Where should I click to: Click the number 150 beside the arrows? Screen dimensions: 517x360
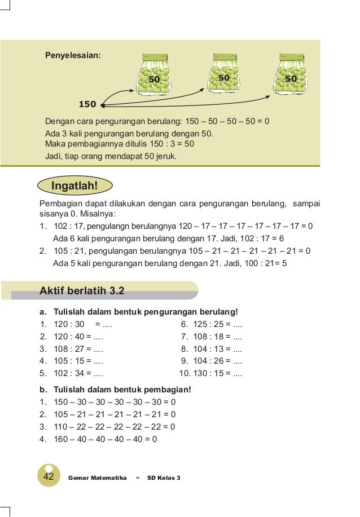(87, 104)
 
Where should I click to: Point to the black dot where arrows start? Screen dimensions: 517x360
(103, 104)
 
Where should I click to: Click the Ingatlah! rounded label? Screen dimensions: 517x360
(74, 185)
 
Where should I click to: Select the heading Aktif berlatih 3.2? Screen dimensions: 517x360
(82, 291)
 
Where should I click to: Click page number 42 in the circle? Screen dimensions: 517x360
(49, 477)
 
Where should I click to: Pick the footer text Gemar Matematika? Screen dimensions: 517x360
(97, 478)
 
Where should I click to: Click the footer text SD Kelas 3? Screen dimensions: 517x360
(164, 478)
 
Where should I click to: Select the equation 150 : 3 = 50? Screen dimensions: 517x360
(165, 144)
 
